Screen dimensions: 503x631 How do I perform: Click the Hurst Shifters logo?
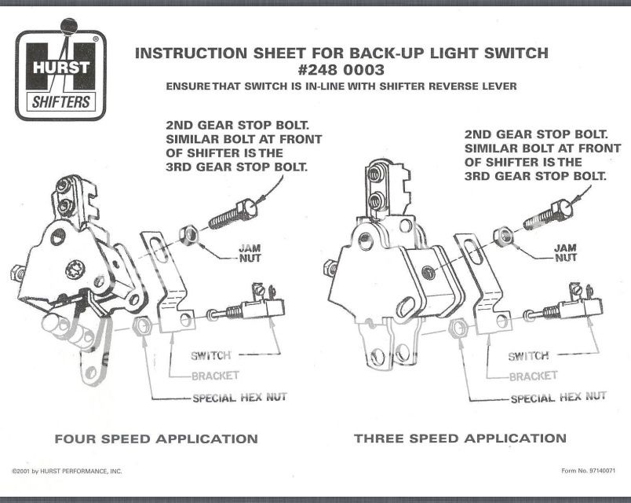[x=61, y=76]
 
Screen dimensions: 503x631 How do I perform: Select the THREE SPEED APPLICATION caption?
[x=460, y=439]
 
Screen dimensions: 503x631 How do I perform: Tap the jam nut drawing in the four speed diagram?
[x=188, y=235]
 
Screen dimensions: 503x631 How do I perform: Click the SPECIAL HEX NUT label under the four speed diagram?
[x=239, y=398]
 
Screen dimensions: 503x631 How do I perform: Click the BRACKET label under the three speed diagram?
[x=533, y=376]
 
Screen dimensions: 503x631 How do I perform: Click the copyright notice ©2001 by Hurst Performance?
[x=67, y=472]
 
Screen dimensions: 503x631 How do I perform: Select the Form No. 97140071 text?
[x=582, y=472]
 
